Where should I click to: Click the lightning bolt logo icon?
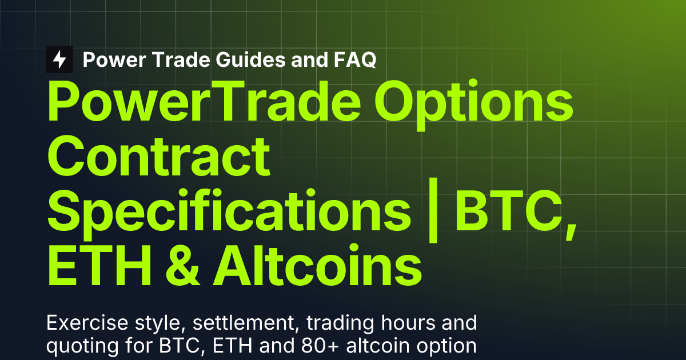click(x=59, y=59)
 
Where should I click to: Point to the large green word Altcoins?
click(x=318, y=263)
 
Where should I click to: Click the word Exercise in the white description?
click(x=81, y=324)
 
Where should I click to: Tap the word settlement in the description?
click(x=243, y=324)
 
